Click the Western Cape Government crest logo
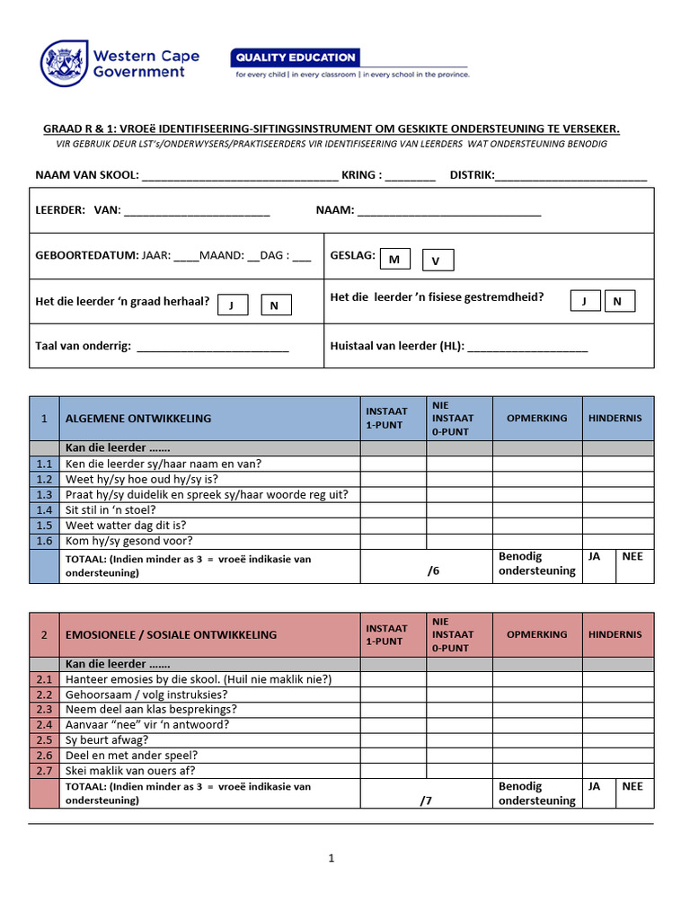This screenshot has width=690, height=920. tap(64, 63)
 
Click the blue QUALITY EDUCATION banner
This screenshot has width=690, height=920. tap(296, 57)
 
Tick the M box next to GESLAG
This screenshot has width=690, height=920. tap(394, 260)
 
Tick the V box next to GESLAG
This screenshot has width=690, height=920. tap(438, 261)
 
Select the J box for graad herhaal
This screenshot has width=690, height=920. tap(233, 305)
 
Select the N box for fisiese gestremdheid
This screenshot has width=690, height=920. tap(619, 301)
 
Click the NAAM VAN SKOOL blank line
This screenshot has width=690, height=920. tap(239, 176)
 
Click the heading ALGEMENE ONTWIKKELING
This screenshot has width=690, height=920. tap(138, 419)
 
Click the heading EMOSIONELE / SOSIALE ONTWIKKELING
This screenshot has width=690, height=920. tap(171, 635)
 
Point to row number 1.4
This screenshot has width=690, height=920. tap(44, 510)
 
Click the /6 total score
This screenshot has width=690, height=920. tap(435, 570)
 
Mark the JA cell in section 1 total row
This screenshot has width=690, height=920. tap(595, 557)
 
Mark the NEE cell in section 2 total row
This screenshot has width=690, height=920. tap(632, 786)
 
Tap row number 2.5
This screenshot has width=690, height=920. tap(44, 740)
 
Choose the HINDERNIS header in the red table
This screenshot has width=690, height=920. tap(615, 635)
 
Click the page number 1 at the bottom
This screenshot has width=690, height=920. tap(331, 858)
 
